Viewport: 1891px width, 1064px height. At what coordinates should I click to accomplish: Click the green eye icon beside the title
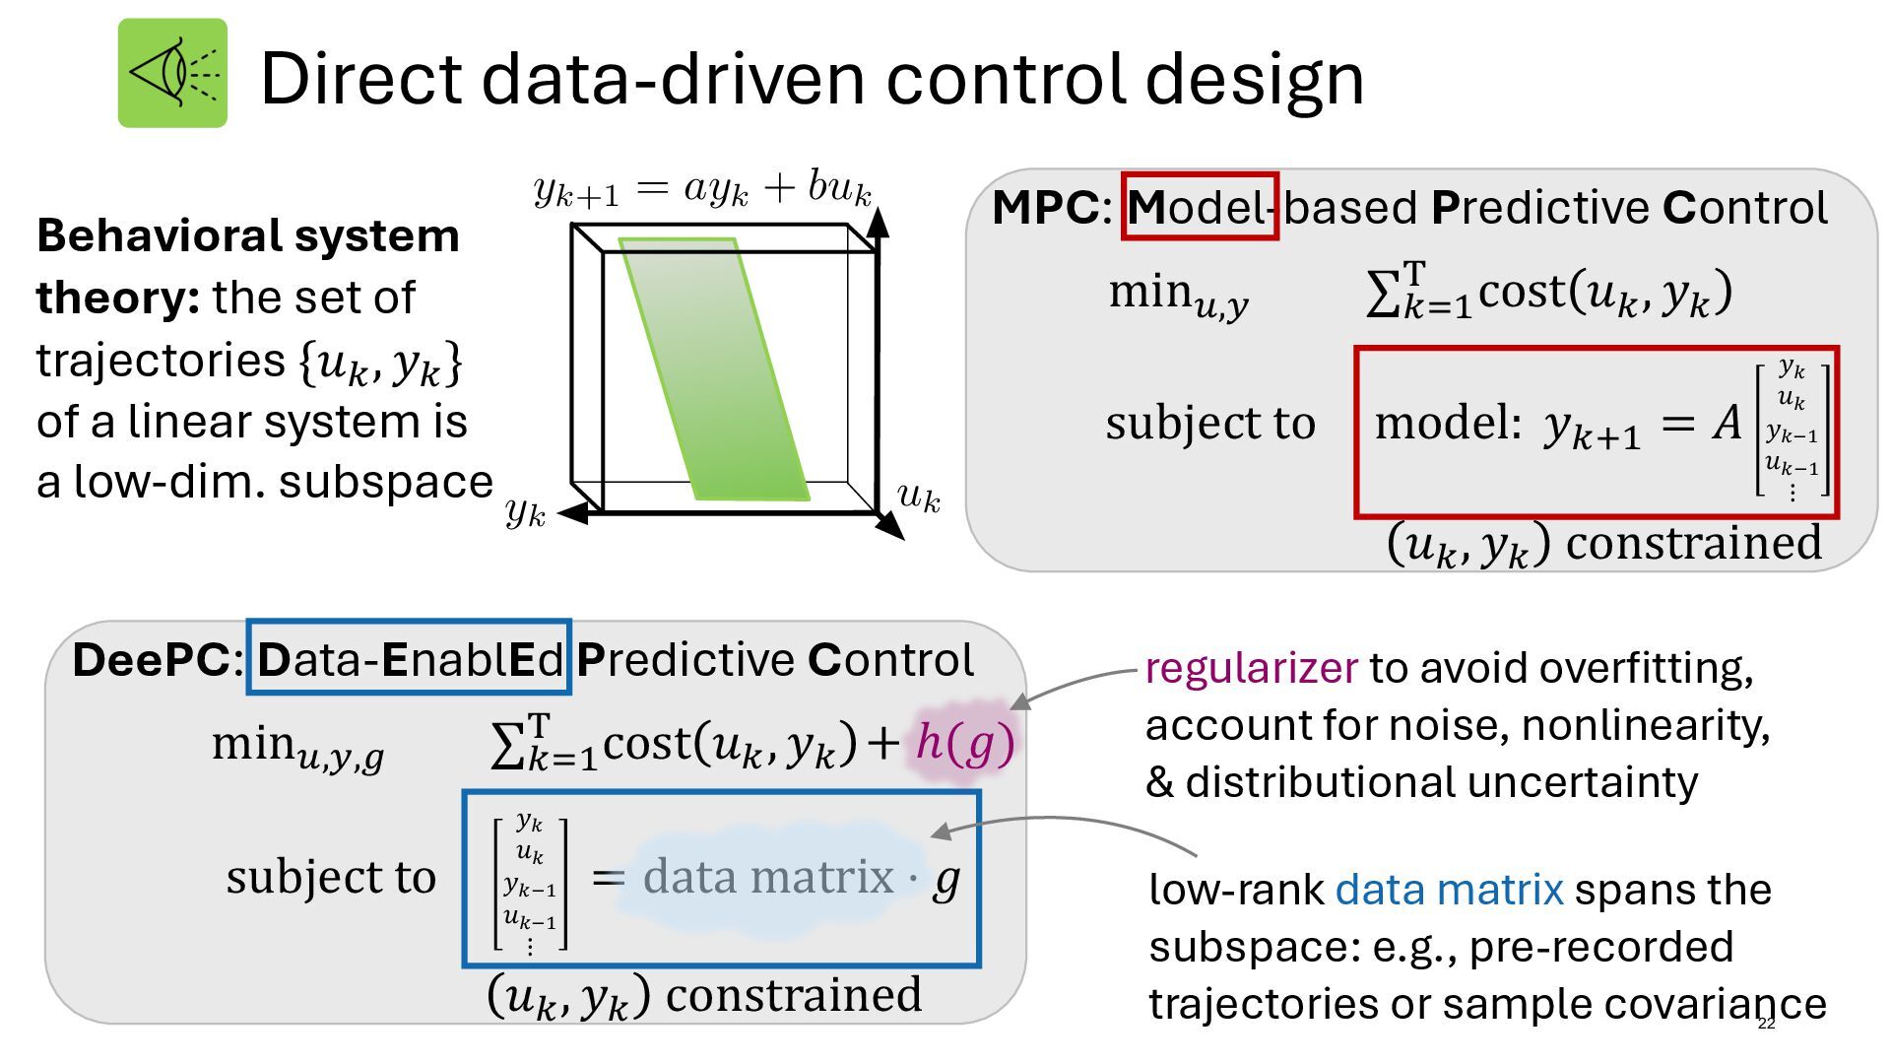172,73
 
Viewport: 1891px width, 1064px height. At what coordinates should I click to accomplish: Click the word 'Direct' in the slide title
360,79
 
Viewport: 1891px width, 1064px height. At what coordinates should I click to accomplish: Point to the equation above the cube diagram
702,187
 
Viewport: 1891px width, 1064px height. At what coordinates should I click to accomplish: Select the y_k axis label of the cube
525,511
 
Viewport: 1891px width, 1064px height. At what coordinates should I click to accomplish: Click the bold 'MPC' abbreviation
1045,208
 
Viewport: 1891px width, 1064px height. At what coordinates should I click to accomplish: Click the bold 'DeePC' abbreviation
151,660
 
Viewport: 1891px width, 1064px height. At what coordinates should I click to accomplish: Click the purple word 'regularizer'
1251,668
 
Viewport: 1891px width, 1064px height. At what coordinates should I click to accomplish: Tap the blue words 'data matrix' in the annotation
1449,890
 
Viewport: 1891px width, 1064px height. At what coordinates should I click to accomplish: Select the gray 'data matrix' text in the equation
767,877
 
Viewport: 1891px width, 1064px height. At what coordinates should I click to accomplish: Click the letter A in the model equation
1728,423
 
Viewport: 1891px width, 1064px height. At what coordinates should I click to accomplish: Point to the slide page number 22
1766,1024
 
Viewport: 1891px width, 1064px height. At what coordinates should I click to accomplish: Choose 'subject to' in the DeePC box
331,877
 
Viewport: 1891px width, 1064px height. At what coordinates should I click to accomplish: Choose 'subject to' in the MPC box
1210,424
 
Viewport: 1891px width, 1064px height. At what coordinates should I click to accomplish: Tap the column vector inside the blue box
530,884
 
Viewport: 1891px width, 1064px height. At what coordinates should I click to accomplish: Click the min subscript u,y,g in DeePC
340,758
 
